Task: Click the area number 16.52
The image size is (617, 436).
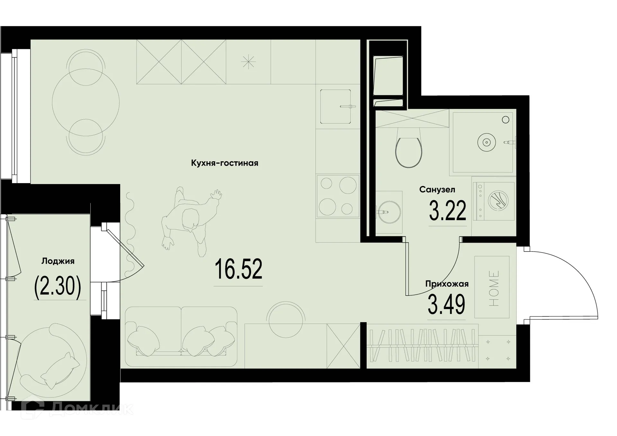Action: tap(238, 269)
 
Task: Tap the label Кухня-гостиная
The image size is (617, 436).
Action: tap(224, 163)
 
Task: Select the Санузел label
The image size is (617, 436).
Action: tap(437, 190)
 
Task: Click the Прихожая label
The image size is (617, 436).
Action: tap(447, 284)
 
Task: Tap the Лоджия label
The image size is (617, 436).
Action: tap(58, 261)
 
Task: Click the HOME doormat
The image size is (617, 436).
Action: tap(492, 287)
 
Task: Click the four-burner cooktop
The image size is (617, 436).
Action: tap(338, 196)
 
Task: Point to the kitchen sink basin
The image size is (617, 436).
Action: tap(335, 106)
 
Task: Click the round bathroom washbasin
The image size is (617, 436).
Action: tap(388, 212)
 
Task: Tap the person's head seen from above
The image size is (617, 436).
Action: tap(190, 219)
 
